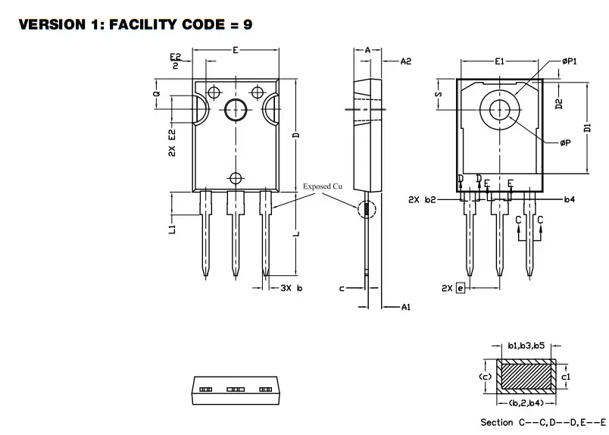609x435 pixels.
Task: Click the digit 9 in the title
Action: [247, 25]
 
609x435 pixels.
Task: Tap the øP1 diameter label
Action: [570, 62]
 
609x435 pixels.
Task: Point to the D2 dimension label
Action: [558, 103]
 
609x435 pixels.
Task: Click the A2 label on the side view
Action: [406, 61]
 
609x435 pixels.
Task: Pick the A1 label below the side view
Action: [406, 307]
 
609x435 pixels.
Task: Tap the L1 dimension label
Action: [172, 228]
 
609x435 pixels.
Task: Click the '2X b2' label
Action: [422, 200]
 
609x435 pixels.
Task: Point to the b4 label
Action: [570, 200]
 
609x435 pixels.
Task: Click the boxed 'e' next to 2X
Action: [460, 289]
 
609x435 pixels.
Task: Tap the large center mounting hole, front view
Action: [235, 111]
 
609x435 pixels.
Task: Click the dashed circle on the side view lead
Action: [366, 208]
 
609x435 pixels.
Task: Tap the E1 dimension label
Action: [499, 61]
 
